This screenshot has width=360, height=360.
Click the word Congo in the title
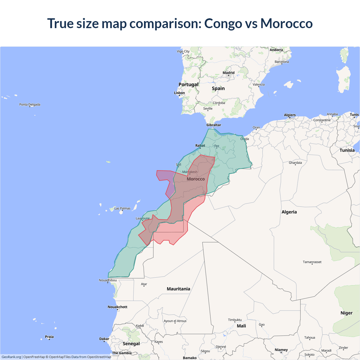tap(223, 24)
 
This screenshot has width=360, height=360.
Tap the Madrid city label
tap(228, 73)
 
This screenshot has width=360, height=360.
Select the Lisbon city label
tap(179, 93)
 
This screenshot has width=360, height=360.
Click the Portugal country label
tap(188, 84)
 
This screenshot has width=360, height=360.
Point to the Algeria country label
tap(289, 212)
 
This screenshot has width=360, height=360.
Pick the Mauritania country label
tap(178, 289)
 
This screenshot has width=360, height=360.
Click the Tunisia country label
tap(347, 150)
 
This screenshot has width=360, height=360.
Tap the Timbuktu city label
tap(235, 320)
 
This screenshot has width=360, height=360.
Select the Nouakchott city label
tap(118, 307)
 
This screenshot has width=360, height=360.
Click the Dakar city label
tap(104, 339)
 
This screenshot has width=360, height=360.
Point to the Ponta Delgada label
tap(30, 105)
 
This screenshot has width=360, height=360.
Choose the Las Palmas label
tap(122, 208)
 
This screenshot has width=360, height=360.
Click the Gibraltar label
tap(214, 125)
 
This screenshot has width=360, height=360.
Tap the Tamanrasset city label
tap(312, 262)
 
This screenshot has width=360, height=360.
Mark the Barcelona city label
tap(282, 62)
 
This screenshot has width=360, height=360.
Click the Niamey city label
tap(281, 350)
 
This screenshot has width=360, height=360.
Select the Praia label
tap(49, 337)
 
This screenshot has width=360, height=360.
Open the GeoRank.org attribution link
tap(11, 357)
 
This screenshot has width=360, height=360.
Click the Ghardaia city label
tap(295, 163)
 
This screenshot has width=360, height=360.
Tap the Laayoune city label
tap(143, 218)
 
